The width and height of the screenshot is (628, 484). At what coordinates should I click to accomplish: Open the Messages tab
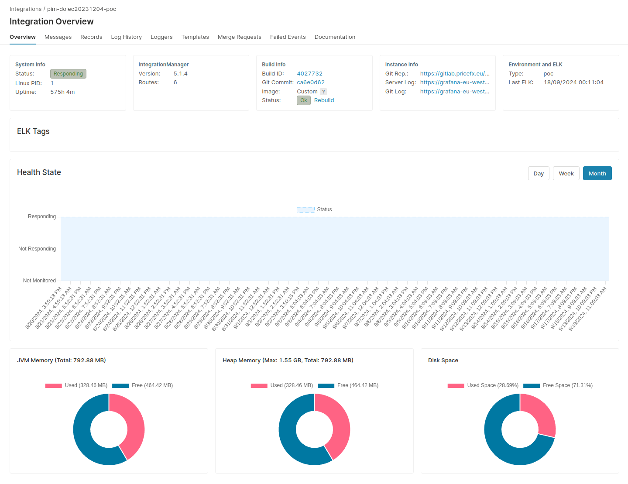coord(58,37)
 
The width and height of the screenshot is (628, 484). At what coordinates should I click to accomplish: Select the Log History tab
coord(126,37)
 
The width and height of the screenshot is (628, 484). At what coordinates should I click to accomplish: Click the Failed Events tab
coord(288,37)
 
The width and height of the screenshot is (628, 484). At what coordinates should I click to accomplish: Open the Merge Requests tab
coord(239,37)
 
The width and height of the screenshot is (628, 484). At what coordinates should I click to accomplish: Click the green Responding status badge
coord(68,74)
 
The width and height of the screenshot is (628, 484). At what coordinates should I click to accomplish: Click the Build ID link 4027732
coord(309,74)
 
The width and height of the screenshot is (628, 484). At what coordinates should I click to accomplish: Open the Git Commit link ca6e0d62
coord(310,82)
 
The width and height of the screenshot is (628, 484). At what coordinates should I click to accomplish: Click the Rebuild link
coord(324,100)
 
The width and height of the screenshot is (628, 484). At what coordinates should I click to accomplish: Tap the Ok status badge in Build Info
coord(303,100)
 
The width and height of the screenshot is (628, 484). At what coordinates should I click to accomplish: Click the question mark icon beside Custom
coord(323,92)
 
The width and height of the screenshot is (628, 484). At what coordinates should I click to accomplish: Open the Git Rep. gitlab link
coord(454,74)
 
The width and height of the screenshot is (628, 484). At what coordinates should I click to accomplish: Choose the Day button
coord(538,173)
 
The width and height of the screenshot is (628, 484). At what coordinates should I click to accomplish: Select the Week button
coord(566,173)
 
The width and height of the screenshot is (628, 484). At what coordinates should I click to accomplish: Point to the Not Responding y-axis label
coord(37,249)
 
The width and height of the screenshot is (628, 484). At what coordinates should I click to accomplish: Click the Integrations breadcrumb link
coord(25,9)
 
